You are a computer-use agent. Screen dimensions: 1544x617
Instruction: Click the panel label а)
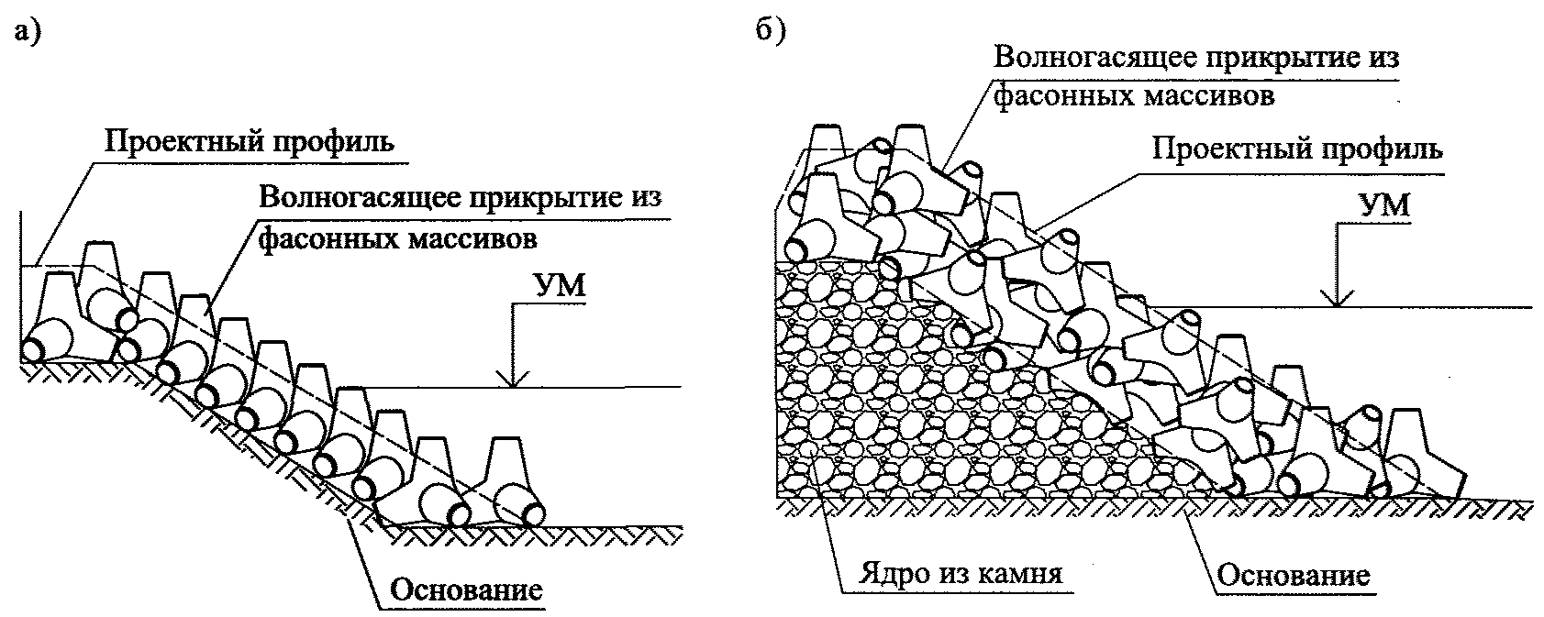(28, 32)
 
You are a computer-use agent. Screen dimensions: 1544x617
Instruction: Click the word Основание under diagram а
(467, 589)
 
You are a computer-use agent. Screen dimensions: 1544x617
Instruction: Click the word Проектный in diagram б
(1233, 149)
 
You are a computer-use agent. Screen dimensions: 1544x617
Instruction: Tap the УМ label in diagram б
(1387, 204)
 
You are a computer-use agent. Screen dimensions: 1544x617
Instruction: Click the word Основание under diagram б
(1294, 576)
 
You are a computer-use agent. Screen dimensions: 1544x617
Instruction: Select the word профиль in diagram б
(1382, 149)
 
